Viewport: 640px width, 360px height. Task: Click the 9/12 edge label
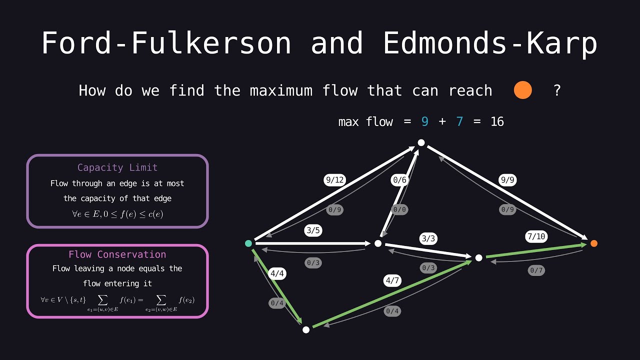tap(334, 180)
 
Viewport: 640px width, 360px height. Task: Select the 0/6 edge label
tap(399, 180)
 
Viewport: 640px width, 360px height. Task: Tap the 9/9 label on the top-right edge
tap(507, 180)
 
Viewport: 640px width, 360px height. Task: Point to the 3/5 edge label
tap(313, 231)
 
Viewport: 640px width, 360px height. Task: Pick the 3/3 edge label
tap(428, 238)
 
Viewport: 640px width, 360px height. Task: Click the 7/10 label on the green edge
tap(536, 236)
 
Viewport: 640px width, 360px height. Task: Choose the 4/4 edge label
tap(277, 273)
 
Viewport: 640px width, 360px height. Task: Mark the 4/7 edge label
tap(392, 281)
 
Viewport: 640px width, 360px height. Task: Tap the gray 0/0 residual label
tap(399, 210)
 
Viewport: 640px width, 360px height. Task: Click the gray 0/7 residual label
tap(536, 270)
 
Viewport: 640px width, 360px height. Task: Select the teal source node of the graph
tap(248, 243)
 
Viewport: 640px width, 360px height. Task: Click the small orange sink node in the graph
tap(593, 243)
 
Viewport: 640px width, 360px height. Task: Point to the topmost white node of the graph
tap(421, 143)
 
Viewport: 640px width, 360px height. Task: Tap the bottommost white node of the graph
tap(306, 329)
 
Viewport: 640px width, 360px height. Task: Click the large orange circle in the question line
tap(522, 90)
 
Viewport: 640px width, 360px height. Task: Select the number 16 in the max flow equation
tap(497, 121)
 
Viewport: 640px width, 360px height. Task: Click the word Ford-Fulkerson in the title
tap(166, 43)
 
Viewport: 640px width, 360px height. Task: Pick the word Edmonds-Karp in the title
tap(490, 43)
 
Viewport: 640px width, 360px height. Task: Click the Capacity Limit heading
tap(117, 167)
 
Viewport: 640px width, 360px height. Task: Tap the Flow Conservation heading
tap(117, 254)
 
